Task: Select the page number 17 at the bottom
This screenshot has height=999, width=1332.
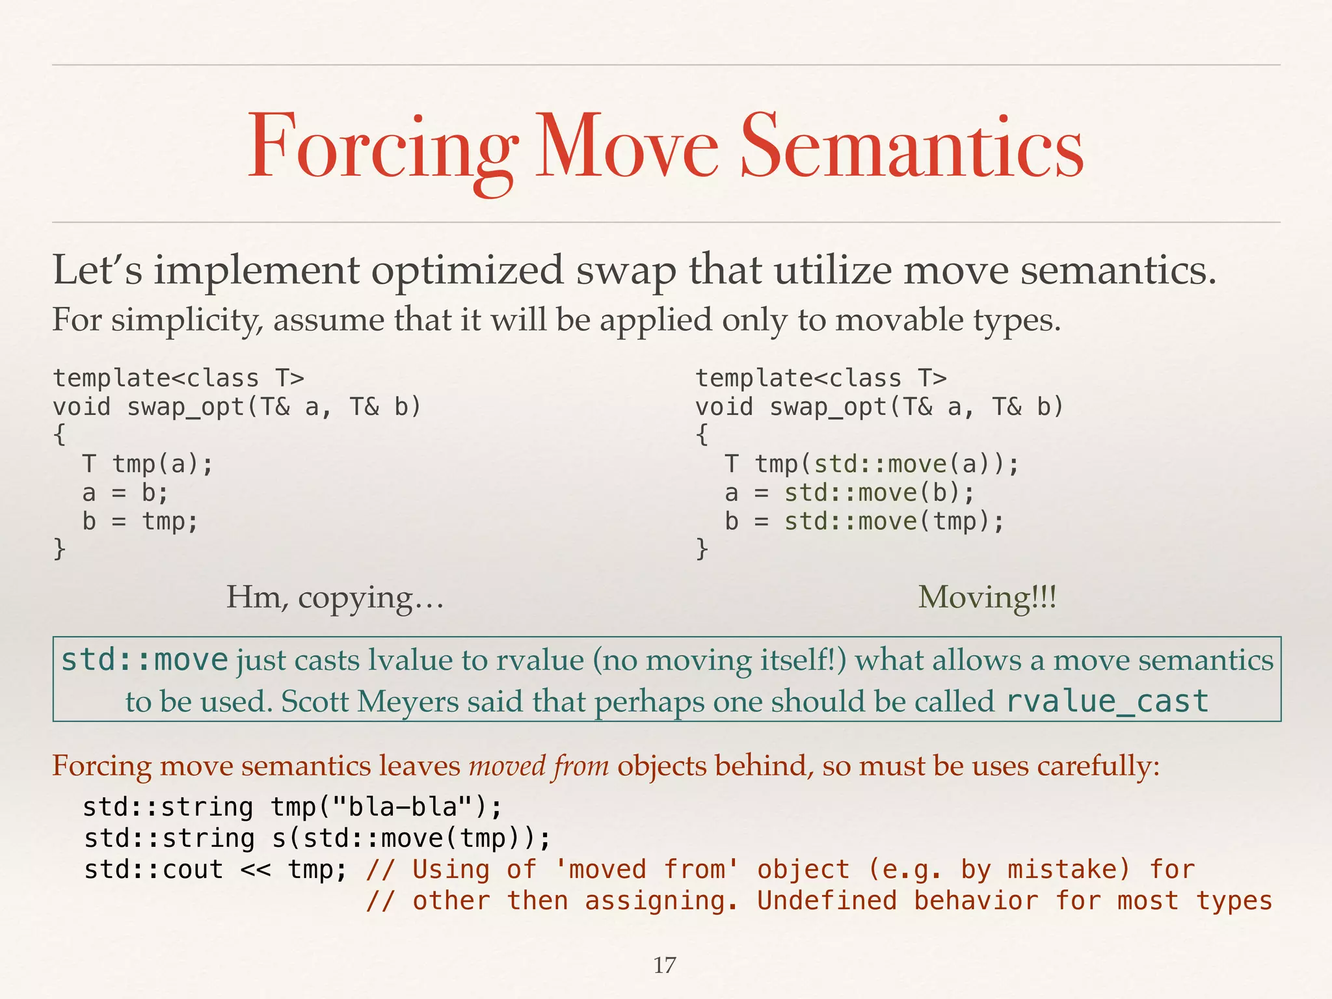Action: [665, 965]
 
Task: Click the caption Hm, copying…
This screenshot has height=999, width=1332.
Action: [334, 597]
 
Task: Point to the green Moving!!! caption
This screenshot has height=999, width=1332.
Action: [987, 597]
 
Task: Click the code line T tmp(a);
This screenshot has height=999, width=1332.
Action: [148, 464]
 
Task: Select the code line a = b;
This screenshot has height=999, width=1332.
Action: [125, 493]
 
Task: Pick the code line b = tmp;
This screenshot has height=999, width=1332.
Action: [140, 522]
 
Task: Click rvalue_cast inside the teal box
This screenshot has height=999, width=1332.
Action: [1107, 701]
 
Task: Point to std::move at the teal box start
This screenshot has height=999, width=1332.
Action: [144, 660]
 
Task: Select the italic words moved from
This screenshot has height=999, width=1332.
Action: [539, 766]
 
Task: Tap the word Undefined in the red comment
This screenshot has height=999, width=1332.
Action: [827, 901]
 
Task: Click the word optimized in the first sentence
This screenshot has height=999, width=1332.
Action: [467, 269]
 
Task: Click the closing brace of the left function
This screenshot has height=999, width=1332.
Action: [59, 549]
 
